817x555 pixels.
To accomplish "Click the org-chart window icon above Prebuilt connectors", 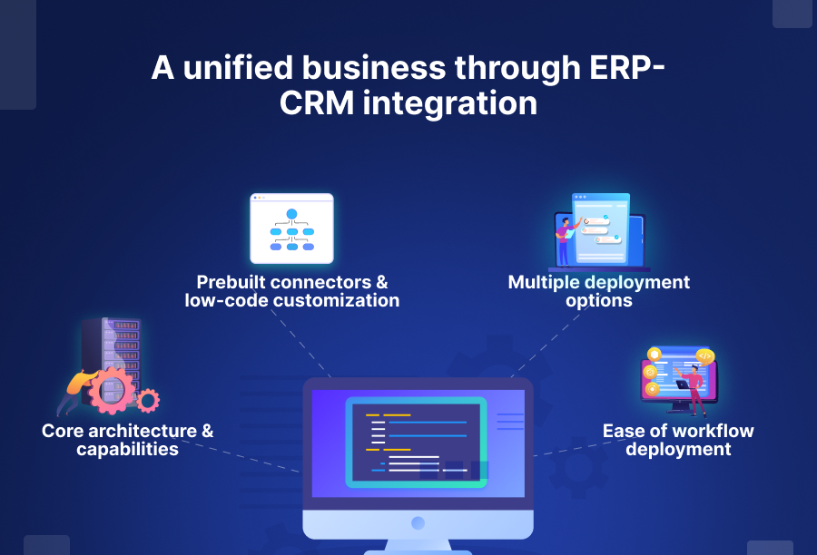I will pyautogui.click(x=292, y=228).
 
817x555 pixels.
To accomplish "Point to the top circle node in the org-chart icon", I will pyautogui.click(x=292, y=214).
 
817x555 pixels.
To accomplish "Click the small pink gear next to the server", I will pyautogui.click(x=147, y=399).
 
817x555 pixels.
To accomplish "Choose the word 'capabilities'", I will pyautogui.click(x=127, y=449).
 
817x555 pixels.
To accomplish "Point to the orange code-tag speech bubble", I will pyautogui.click(x=704, y=355).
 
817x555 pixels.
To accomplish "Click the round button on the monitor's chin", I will pyautogui.click(x=418, y=523).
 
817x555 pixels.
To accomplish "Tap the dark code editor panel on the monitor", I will pyautogui.click(x=416, y=443).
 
